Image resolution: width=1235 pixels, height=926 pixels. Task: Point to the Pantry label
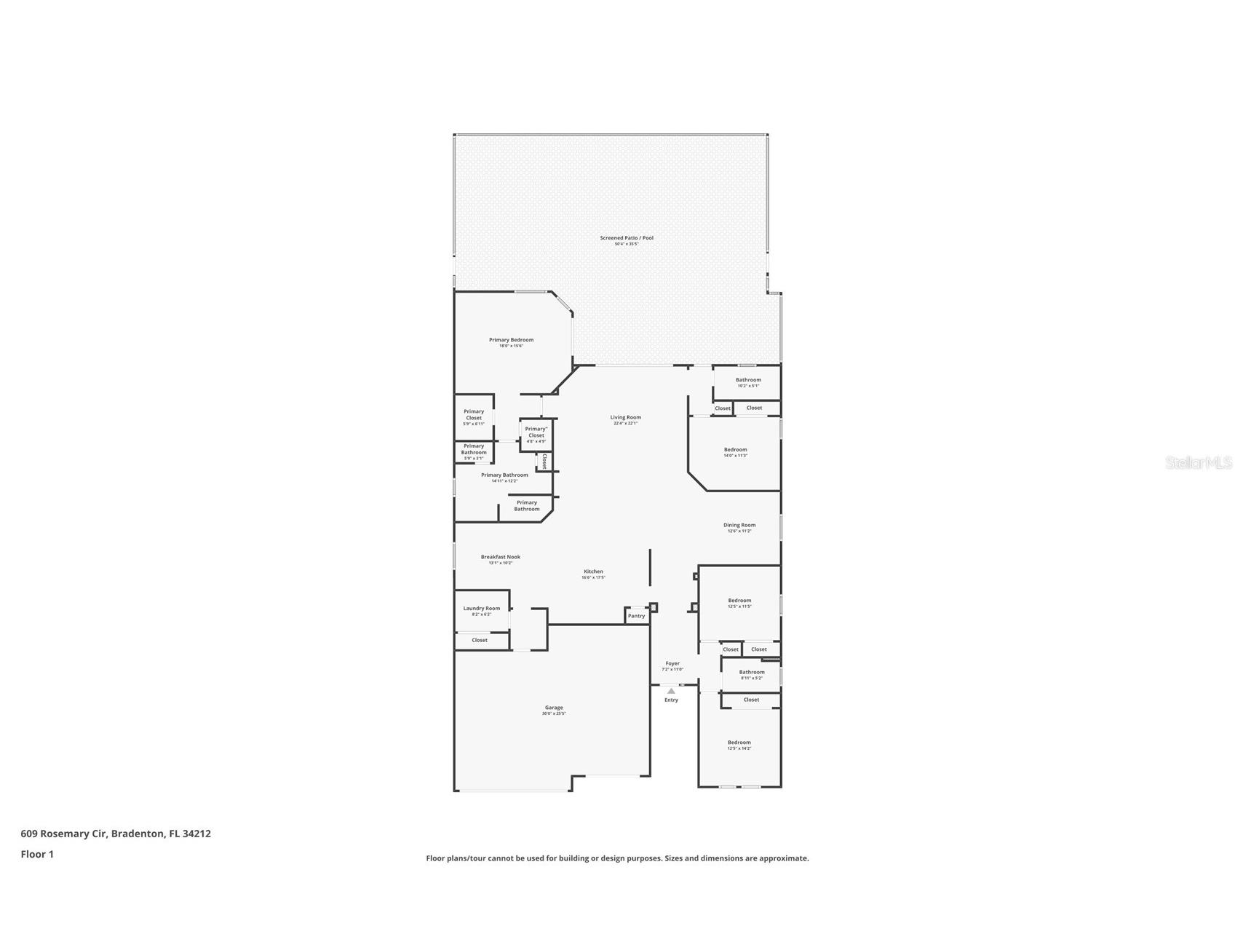[636, 616]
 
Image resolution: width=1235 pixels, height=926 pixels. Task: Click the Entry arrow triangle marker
[671, 691]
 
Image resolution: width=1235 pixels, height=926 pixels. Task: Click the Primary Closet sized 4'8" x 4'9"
[536, 432]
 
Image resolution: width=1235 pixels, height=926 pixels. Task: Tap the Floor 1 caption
[37, 855]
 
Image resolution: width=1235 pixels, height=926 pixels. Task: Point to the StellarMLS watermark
[1198, 462]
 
